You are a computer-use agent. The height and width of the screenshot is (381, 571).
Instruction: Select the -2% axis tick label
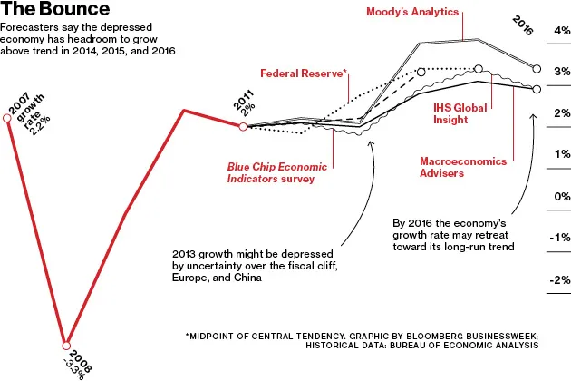558,280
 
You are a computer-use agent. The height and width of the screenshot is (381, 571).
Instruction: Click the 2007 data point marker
7,115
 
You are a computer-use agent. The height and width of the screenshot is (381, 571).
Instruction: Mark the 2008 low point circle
66,346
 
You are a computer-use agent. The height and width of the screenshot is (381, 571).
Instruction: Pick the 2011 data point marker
243,127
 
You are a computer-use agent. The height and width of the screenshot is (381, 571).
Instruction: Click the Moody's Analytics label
412,13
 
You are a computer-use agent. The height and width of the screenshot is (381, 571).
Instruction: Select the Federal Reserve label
304,73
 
